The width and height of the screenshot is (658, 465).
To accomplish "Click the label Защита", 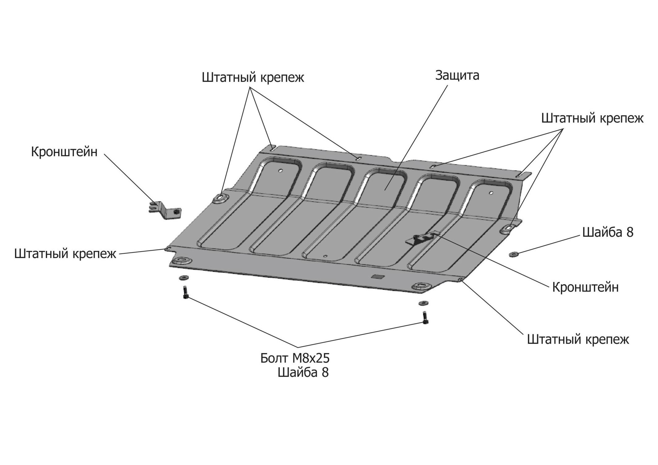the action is [x=457, y=76].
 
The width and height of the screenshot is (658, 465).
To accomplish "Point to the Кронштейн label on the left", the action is [x=64, y=152].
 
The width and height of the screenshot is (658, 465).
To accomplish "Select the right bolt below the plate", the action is [x=424, y=318].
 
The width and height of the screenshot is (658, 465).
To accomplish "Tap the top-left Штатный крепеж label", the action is [x=253, y=77].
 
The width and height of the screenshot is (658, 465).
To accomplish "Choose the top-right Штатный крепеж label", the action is [x=592, y=118].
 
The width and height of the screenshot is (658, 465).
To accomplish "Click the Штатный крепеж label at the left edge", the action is [x=65, y=253].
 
